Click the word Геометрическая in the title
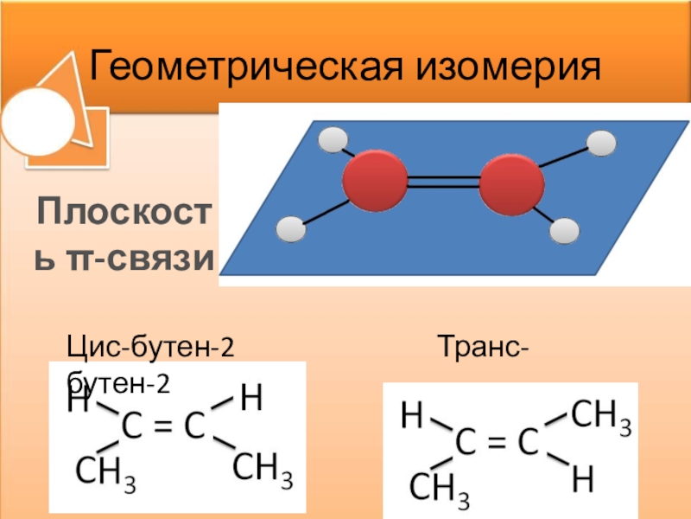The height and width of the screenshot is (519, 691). (250, 66)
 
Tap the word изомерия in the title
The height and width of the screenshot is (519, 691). (510, 66)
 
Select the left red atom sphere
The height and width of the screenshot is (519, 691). (375, 183)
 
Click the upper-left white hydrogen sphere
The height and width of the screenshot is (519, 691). (333, 141)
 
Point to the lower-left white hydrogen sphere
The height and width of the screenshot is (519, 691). (291, 230)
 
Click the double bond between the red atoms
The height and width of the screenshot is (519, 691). (443, 183)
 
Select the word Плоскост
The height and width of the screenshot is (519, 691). (122, 211)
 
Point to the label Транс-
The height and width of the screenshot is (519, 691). (485, 350)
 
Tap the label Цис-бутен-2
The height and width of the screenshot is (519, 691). (151, 350)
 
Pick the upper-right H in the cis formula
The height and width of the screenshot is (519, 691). (251, 398)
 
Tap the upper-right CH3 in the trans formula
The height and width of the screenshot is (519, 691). (601, 418)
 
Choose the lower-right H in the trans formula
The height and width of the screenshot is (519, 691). (584, 480)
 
